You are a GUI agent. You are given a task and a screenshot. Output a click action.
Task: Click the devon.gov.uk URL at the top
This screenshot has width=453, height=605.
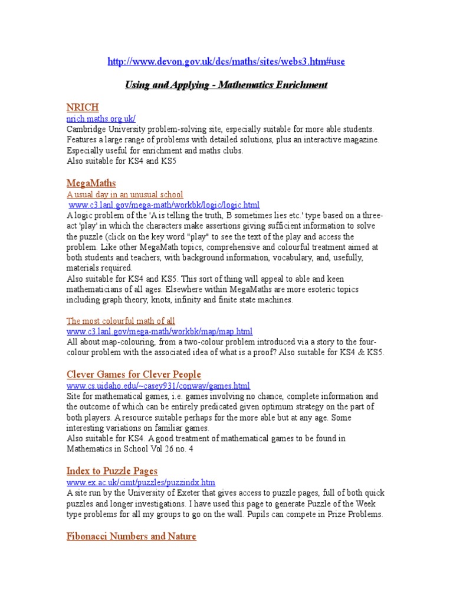click(226, 62)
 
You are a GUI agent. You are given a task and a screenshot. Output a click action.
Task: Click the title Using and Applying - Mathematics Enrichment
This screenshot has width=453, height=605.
click(226, 85)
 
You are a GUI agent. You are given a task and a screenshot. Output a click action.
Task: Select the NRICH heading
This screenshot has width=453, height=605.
click(82, 108)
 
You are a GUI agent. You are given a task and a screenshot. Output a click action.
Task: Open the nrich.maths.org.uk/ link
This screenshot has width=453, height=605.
click(101, 119)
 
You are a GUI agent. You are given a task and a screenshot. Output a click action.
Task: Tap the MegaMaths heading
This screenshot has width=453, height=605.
click(91, 183)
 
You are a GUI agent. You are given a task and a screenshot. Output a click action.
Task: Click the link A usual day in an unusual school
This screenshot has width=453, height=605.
click(125, 194)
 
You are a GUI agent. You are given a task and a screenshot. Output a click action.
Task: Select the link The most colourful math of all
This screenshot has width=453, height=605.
click(121, 321)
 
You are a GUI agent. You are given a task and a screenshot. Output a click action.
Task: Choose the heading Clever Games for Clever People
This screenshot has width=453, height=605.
click(134, 375)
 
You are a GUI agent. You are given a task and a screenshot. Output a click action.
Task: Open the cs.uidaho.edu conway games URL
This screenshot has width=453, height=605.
click(158, 386)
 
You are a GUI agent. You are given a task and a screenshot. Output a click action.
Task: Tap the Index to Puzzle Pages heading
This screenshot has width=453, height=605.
click(112, 471)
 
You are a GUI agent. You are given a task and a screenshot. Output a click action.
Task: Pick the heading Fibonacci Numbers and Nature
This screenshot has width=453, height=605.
click(132, 536)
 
